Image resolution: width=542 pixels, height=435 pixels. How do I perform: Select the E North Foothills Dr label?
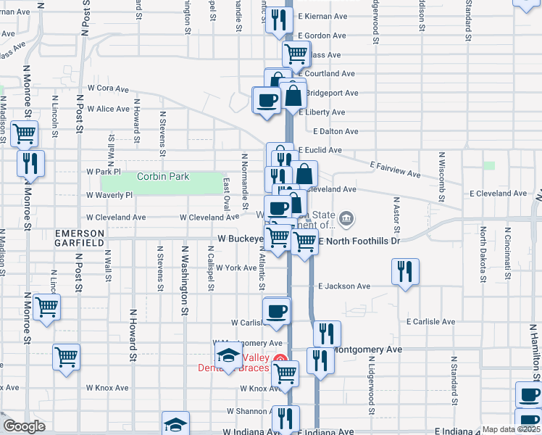pyautogui.click(x=359, y=240)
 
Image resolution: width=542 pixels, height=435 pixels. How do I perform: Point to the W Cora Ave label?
pyautogui.click(x=108, y=89)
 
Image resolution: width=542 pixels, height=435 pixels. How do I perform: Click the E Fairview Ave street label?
pyautogui.click(x=396, y=170)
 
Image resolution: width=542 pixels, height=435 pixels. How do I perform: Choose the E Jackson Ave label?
pyautogui.click(x=344, y=286)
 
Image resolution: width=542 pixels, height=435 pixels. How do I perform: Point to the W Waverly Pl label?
pyautogui.click(x=109, y=195)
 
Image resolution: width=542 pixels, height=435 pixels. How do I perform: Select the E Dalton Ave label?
pyautogui.click(x=335, y=131)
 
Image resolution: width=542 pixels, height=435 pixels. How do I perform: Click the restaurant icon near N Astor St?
pyautogui.click(x=405, y=271)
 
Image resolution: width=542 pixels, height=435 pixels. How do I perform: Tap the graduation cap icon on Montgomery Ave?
pyautogui.click(x=228, y=355)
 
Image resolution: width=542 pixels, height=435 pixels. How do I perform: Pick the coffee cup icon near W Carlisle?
pyautogui.click(x=277, y=311)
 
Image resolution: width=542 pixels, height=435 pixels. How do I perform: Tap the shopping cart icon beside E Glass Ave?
pyautogui.click(x=296, y=53)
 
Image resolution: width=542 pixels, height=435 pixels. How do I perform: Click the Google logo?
pyautogui.click(x=24, y=426)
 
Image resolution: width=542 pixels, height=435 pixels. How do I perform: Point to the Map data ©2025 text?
pyautogui.click(x=511, y=429)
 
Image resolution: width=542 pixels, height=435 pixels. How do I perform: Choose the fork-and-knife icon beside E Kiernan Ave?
pyautogui.click(x=278, y=19)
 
